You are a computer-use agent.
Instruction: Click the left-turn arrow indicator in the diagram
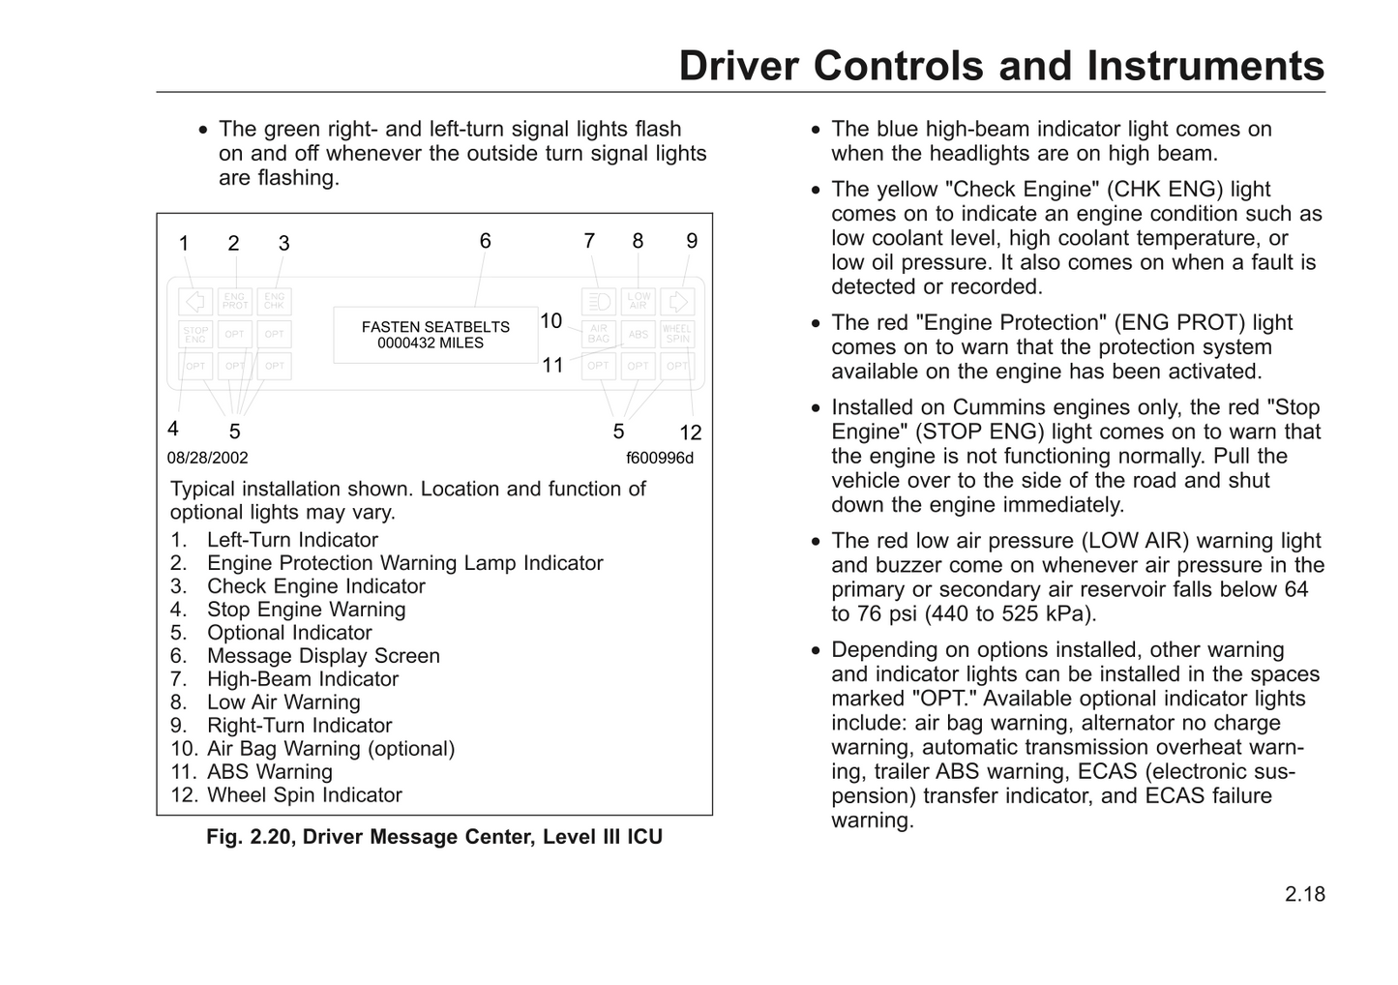pos(195,301)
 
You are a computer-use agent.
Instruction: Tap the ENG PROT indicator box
pos(235,301)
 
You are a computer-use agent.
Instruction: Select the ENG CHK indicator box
pos(275,301)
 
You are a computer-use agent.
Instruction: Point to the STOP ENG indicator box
pos(195,335)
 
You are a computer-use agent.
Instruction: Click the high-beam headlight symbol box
pos(599,301)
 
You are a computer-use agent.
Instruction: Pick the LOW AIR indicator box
pos(639,301)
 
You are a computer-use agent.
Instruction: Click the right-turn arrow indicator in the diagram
pos(678,301)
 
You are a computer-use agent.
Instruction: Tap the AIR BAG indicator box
pos(599,335)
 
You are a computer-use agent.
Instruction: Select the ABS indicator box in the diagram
pos(639,335)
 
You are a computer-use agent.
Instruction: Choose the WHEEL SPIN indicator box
pos(678,335)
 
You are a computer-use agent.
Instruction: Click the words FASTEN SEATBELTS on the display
pos(435,328)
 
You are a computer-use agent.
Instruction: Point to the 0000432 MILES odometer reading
pos(431,343)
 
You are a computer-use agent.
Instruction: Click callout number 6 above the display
pos(486,241)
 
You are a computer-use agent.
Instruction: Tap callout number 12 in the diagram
pos(690,433)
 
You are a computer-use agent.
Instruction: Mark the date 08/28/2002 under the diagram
pos(207,458)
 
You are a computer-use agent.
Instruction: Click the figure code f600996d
pos(660,458)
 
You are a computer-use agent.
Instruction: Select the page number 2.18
pos(1305,894)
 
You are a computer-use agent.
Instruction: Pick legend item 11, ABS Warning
pos(269,772)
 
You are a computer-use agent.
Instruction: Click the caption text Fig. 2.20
pos(248,837)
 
